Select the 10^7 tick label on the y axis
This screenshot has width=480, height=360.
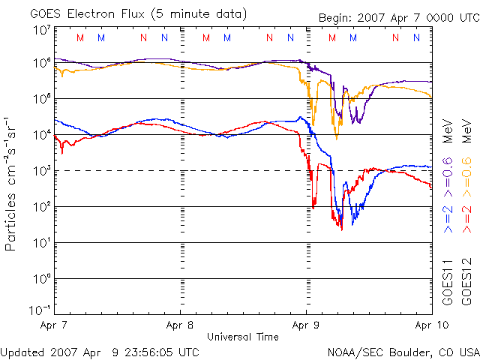42,30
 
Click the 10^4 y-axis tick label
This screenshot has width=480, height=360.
42,135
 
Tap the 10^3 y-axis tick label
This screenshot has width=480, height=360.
42,171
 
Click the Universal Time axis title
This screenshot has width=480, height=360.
242,337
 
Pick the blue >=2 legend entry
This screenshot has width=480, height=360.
448,217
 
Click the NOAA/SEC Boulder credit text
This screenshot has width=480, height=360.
403,352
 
